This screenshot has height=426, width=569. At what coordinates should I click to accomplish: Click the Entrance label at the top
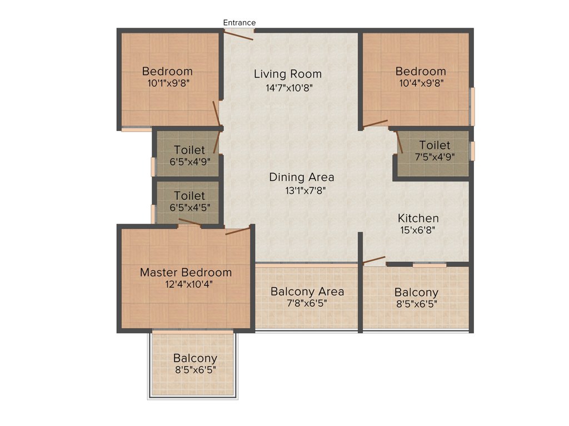pos(239,23)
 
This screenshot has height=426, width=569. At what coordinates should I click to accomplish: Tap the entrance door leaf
pos(238,35)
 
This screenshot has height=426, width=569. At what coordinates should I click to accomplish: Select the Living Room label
pos(287,74)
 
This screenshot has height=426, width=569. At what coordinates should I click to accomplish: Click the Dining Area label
pos(302,177)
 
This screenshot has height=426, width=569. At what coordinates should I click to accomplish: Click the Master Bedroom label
pos(186,272)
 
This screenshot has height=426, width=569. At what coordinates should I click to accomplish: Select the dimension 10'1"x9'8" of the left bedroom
pos(167,83)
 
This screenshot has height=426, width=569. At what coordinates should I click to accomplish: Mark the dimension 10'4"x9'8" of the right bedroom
pos(421,83)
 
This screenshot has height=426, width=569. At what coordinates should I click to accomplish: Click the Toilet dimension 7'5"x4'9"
pos(435,157)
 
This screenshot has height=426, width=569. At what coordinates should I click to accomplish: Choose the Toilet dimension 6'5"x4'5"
pos(189,208)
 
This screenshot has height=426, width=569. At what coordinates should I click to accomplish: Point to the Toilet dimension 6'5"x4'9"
pos(189,162)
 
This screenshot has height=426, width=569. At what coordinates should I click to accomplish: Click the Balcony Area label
pos(307,291)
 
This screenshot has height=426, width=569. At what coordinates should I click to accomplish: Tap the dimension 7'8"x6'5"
pos(307,304)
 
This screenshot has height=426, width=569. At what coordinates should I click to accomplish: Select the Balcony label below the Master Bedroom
pos(194,358)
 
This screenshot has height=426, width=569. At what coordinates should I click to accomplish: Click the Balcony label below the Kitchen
pos(416,292)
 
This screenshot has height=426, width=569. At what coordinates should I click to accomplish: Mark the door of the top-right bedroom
pos(376,123)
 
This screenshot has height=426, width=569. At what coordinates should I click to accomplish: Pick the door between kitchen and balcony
pos(373,260)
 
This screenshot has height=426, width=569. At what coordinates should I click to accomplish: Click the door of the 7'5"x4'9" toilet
pos(400,143)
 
